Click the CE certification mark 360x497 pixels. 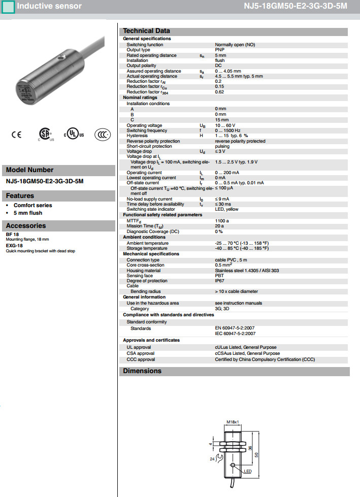point(17,135)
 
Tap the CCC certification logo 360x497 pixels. point(102,134)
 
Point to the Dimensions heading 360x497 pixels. point(142,371)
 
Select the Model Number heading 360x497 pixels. point(29,170)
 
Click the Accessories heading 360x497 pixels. point(26,226)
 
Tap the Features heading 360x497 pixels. point(20,196)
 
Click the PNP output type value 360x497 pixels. point(220,50)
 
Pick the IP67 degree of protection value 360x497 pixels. point(220,281)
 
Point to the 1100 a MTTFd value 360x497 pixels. point(222,221)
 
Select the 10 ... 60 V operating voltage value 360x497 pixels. point(226,125)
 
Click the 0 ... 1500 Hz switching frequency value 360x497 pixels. point(228,130)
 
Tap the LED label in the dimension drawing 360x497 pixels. point(247,471)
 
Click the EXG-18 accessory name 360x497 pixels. point(14,245)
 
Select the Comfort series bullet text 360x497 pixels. point(33,206)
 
